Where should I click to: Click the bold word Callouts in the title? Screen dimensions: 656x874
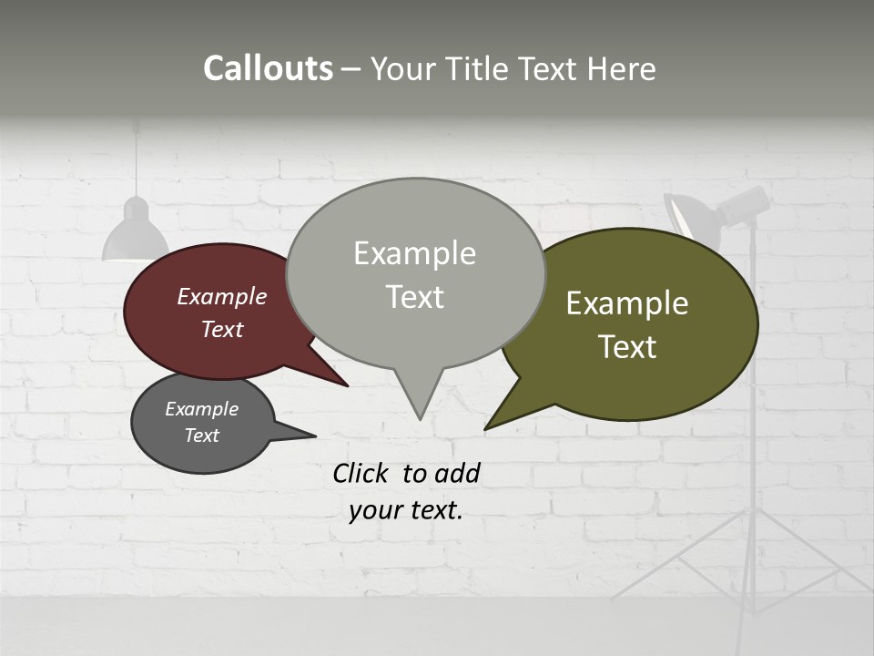(268, 68)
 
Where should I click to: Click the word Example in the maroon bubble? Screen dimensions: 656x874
(222, 296)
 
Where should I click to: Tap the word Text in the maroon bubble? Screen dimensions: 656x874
(222, 329)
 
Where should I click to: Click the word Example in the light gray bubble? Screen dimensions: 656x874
(414, 253)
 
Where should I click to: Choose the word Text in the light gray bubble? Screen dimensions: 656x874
(414, 296)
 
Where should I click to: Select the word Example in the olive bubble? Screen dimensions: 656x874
(627, 303)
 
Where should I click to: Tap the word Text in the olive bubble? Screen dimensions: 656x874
(627, 346)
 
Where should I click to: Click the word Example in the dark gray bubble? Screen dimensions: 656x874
(202, 409)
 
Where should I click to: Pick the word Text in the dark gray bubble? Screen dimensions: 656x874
(202, 436)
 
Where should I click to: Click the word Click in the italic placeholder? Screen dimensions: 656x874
(361, 473)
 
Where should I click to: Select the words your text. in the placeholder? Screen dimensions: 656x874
(406, 510)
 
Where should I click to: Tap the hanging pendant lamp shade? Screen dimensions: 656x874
(136, 237)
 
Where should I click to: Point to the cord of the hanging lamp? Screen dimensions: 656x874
(137, 159)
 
